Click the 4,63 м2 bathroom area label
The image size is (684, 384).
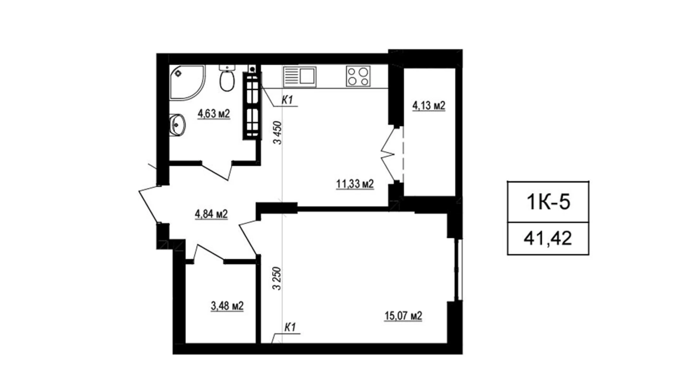[214, 114]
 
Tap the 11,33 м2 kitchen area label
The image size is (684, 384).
[355, 184]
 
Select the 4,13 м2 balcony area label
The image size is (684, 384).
[429, 106]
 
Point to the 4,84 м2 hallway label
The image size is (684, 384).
[211, 214]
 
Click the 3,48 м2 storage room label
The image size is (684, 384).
[227, 306]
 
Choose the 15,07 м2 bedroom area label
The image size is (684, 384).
[403, 316]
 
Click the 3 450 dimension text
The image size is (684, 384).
[278, 133]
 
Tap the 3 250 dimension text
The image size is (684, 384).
[277, 278]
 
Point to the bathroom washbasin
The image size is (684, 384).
[177, 125]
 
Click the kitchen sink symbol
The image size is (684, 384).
[300, 76]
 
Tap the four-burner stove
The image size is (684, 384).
[358, 76]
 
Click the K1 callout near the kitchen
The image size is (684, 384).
[287, 100]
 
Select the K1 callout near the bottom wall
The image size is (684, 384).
[290, 327]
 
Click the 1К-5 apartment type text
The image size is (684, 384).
[548, 202]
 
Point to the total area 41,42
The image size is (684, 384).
[548, 238]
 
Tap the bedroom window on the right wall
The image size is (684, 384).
[458, 270]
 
